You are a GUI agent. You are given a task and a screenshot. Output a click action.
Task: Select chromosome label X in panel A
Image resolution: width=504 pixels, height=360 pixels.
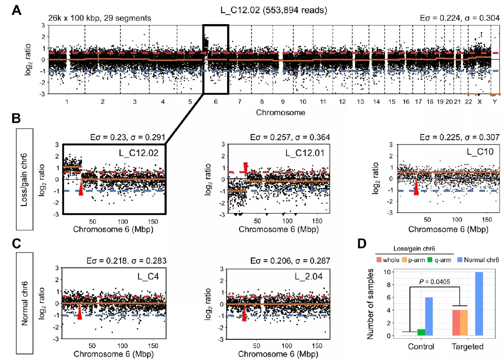pos(479,102)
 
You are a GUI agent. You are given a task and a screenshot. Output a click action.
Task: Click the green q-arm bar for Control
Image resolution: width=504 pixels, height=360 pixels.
pos(421,332)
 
